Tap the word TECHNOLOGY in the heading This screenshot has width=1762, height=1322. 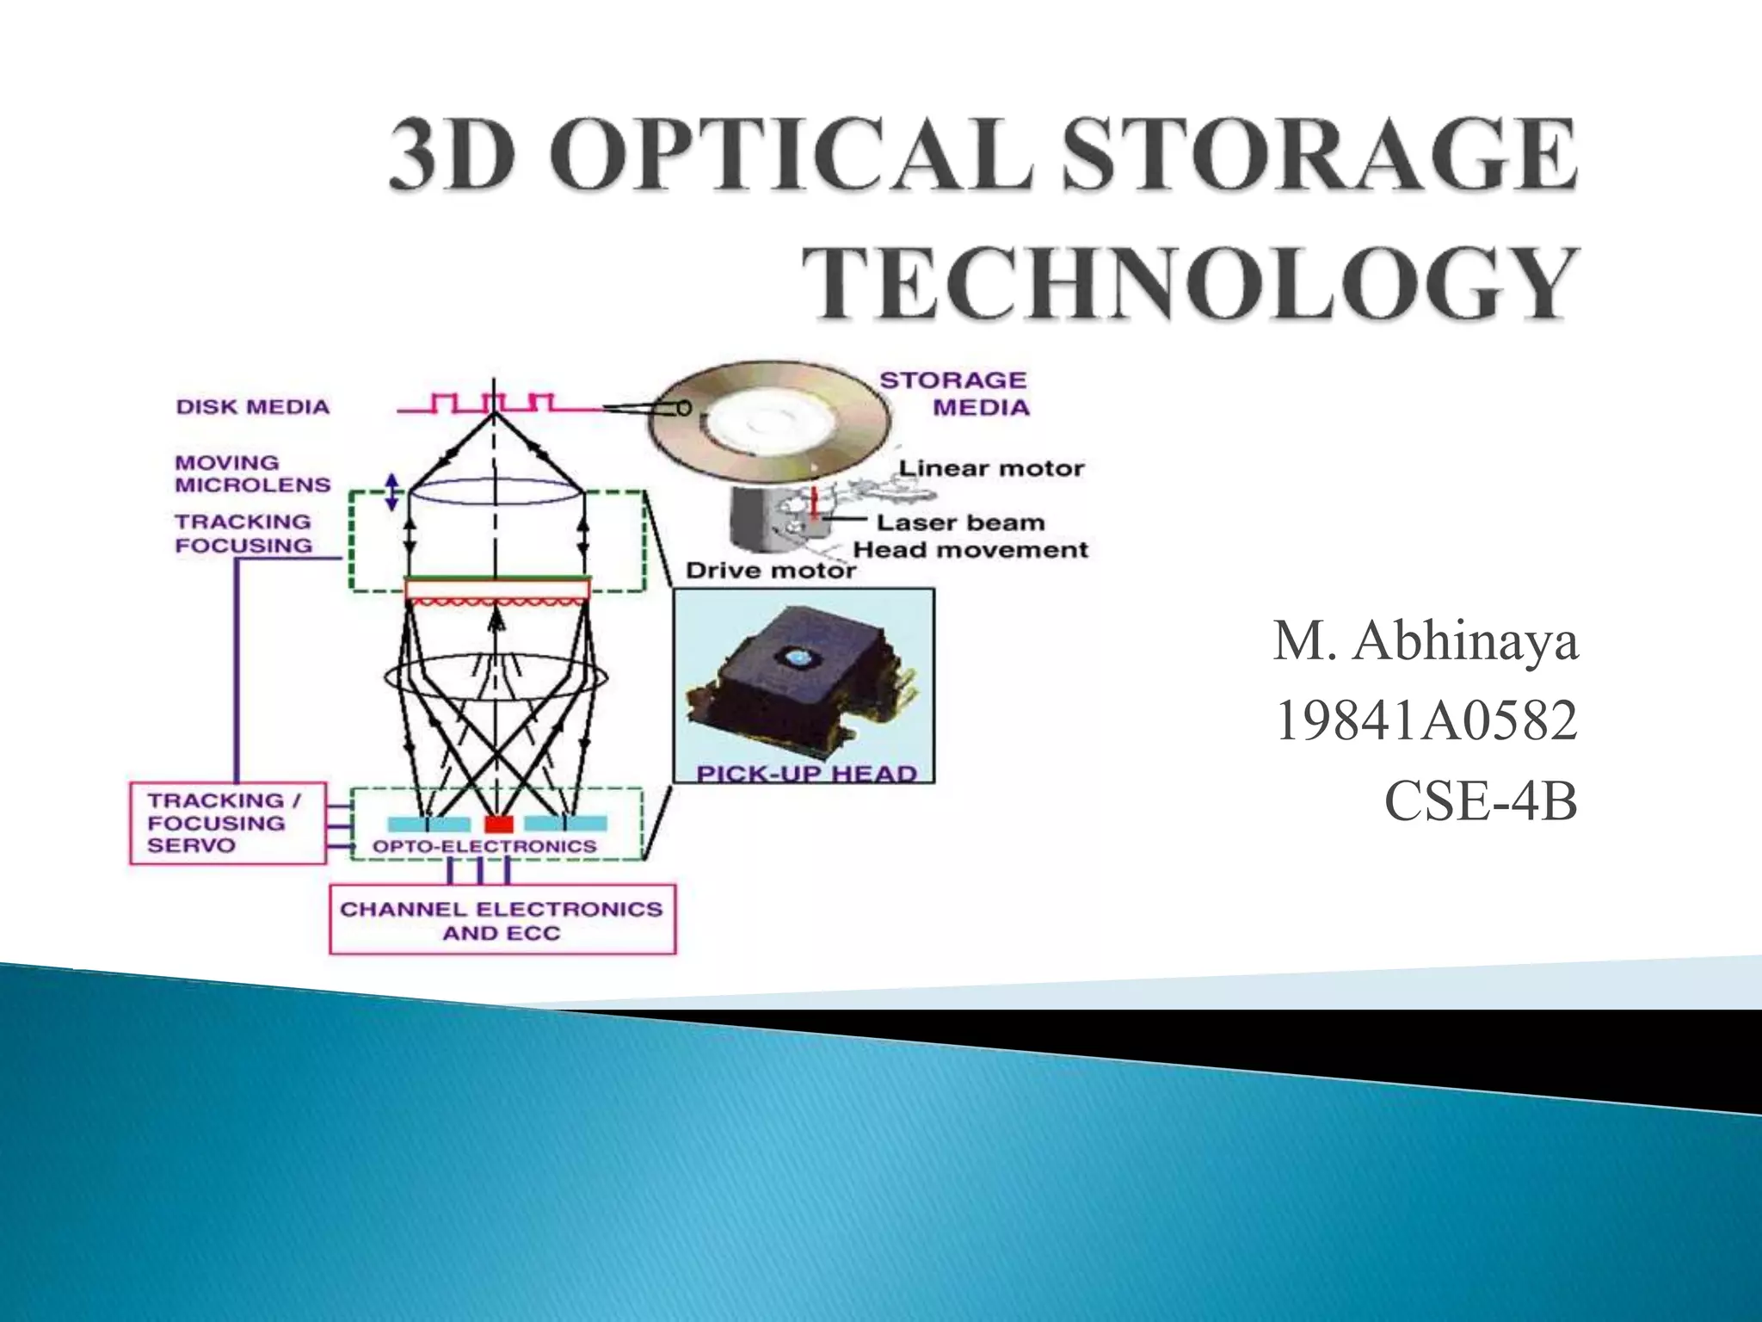[x=1192, y=285]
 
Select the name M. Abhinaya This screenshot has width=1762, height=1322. [x=1425, y=641]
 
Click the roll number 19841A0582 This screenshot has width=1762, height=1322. [x=1425, y=721]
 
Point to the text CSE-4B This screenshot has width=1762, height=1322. [x=1480, y=801]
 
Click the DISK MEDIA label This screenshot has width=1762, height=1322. [x=253, y=407]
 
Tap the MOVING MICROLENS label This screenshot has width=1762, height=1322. [x=252, y=474]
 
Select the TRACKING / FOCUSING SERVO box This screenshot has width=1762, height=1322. [x=227, y=823]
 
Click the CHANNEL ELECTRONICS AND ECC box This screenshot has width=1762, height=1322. [x=502, y=920]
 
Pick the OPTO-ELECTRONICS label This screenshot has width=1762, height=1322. [x=484, y=847]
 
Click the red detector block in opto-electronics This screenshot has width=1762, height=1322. [x=498, y=824]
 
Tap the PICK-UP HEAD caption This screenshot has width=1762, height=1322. [x=805, y=773]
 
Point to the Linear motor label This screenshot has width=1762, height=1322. [x=991, y=469]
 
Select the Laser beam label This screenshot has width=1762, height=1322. [x=960, y=522]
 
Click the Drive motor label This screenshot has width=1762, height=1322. [x=771, y=571]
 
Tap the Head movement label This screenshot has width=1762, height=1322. [x=970, y=550]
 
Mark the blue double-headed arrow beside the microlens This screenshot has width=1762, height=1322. [x=392, y=491]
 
